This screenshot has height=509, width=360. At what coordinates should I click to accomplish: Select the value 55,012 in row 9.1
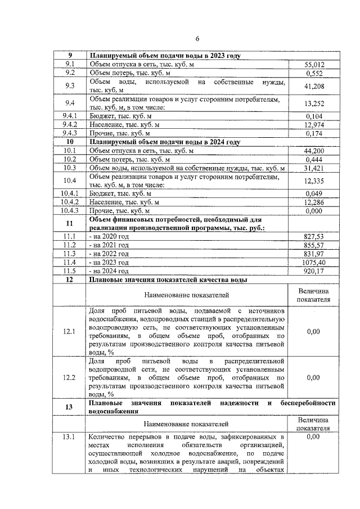tap(312, 65)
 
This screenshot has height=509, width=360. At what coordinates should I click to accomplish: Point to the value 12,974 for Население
tap(312, 124)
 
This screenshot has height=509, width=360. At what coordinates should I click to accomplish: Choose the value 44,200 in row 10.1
tap(312, 151)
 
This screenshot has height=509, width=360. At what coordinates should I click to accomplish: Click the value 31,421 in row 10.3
tap(312, 168)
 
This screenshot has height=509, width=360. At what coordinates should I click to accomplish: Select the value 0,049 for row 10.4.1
tap(312, 193)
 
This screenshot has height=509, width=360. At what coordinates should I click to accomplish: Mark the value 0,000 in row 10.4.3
tap(312, 210)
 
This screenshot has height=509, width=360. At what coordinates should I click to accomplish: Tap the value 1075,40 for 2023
tap(312, 262)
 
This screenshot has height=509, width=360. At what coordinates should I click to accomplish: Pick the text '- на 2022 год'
tap(109, 254)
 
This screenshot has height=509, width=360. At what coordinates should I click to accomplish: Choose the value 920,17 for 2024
tap(312, 271)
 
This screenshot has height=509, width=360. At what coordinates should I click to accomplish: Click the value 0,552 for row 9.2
tap(312, 73)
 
